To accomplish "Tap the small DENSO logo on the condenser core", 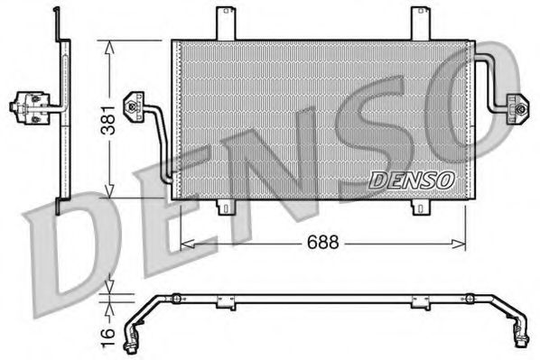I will click(411, 180).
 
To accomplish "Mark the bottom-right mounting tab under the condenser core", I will click(422, 208).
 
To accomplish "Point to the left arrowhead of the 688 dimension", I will click(185, 243).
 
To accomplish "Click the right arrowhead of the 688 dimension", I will click(461, 243).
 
